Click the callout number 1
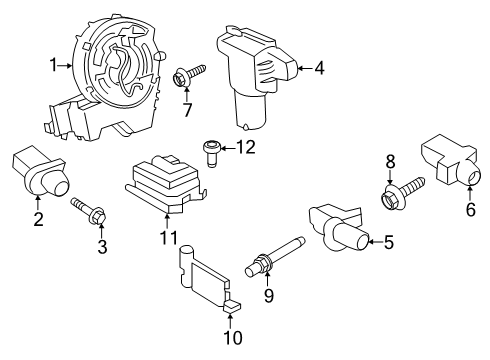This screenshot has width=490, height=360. pyautogui.click(x=53, y=66)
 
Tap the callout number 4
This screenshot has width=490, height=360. pyautogui.click(x=320, y=69)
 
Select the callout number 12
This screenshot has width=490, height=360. pyautogui.click(x=246, y=149)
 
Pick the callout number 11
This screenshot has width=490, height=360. pyautogui.click(x=168, y=238)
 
